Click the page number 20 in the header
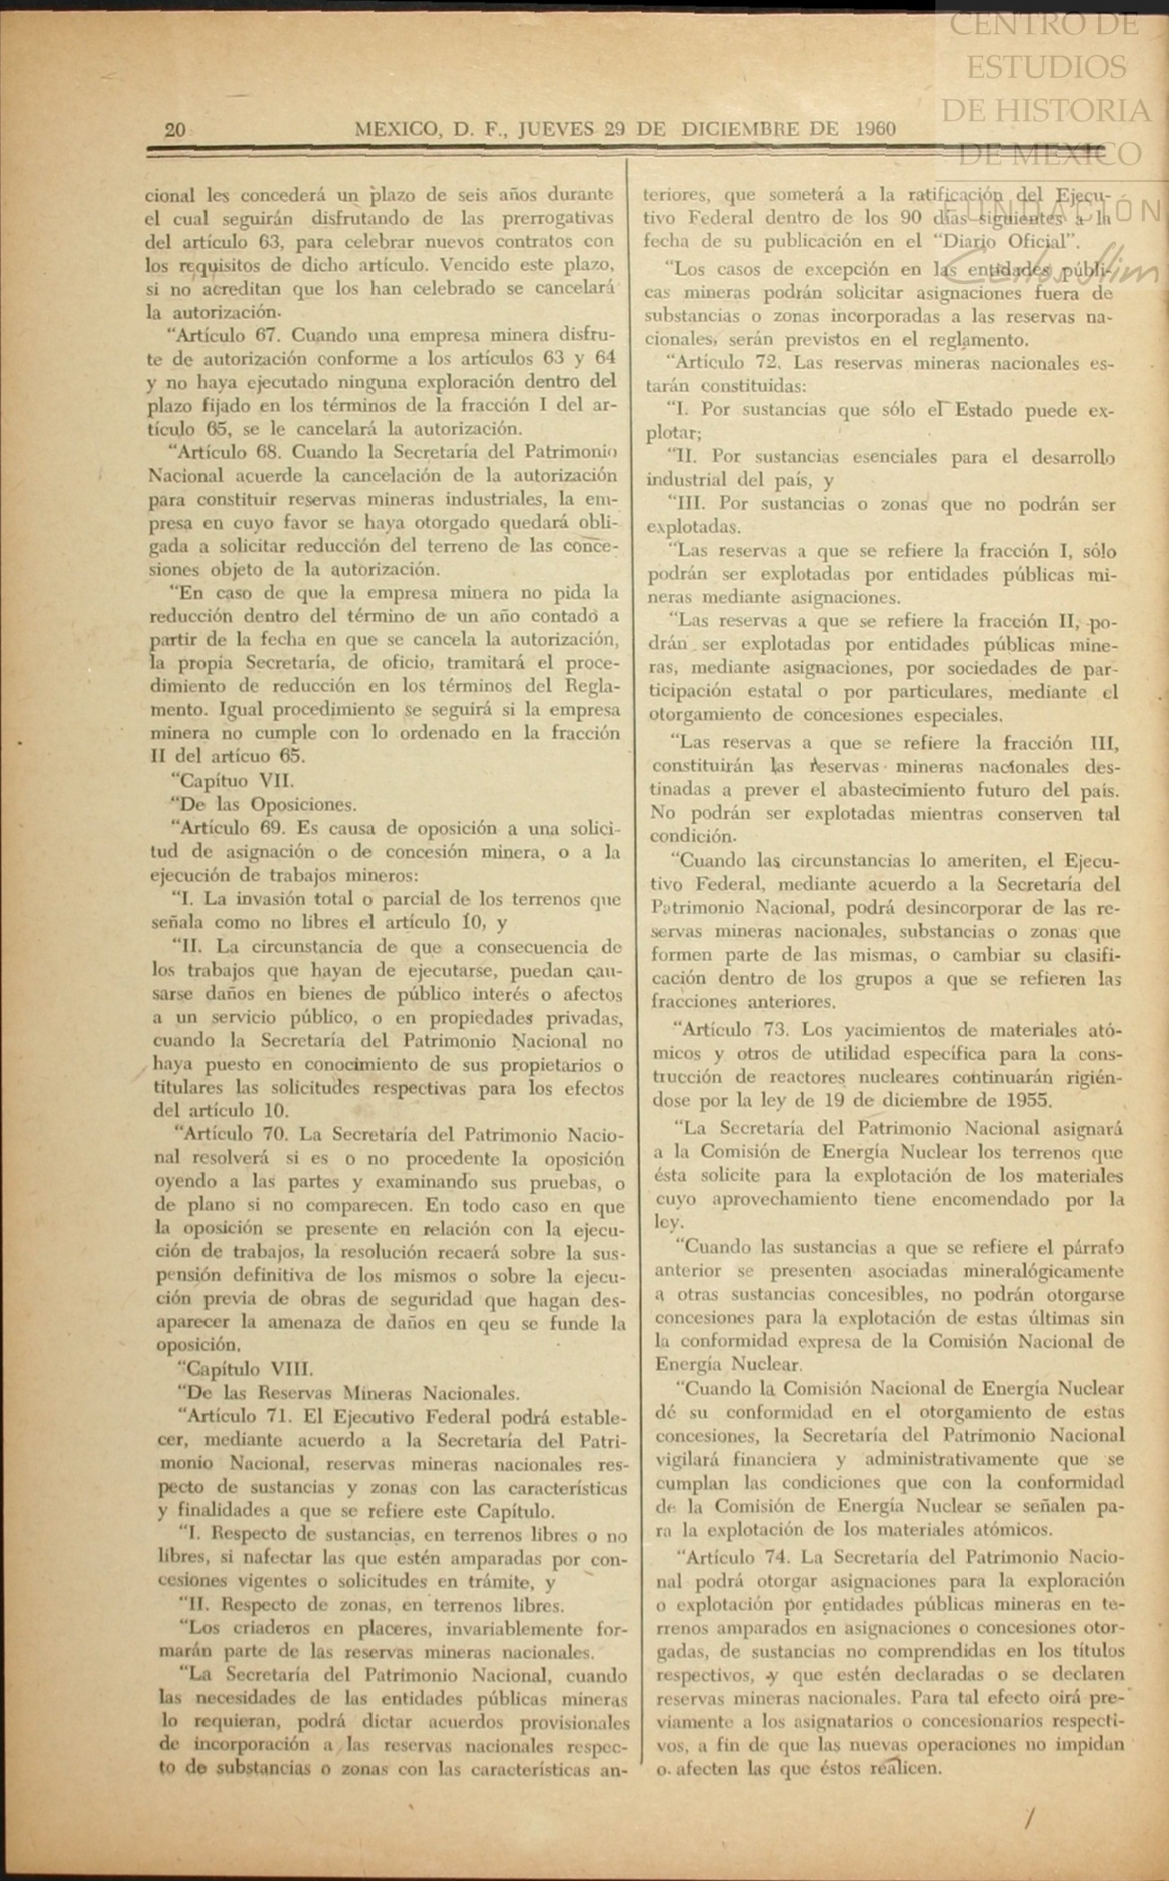click(175, 129)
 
